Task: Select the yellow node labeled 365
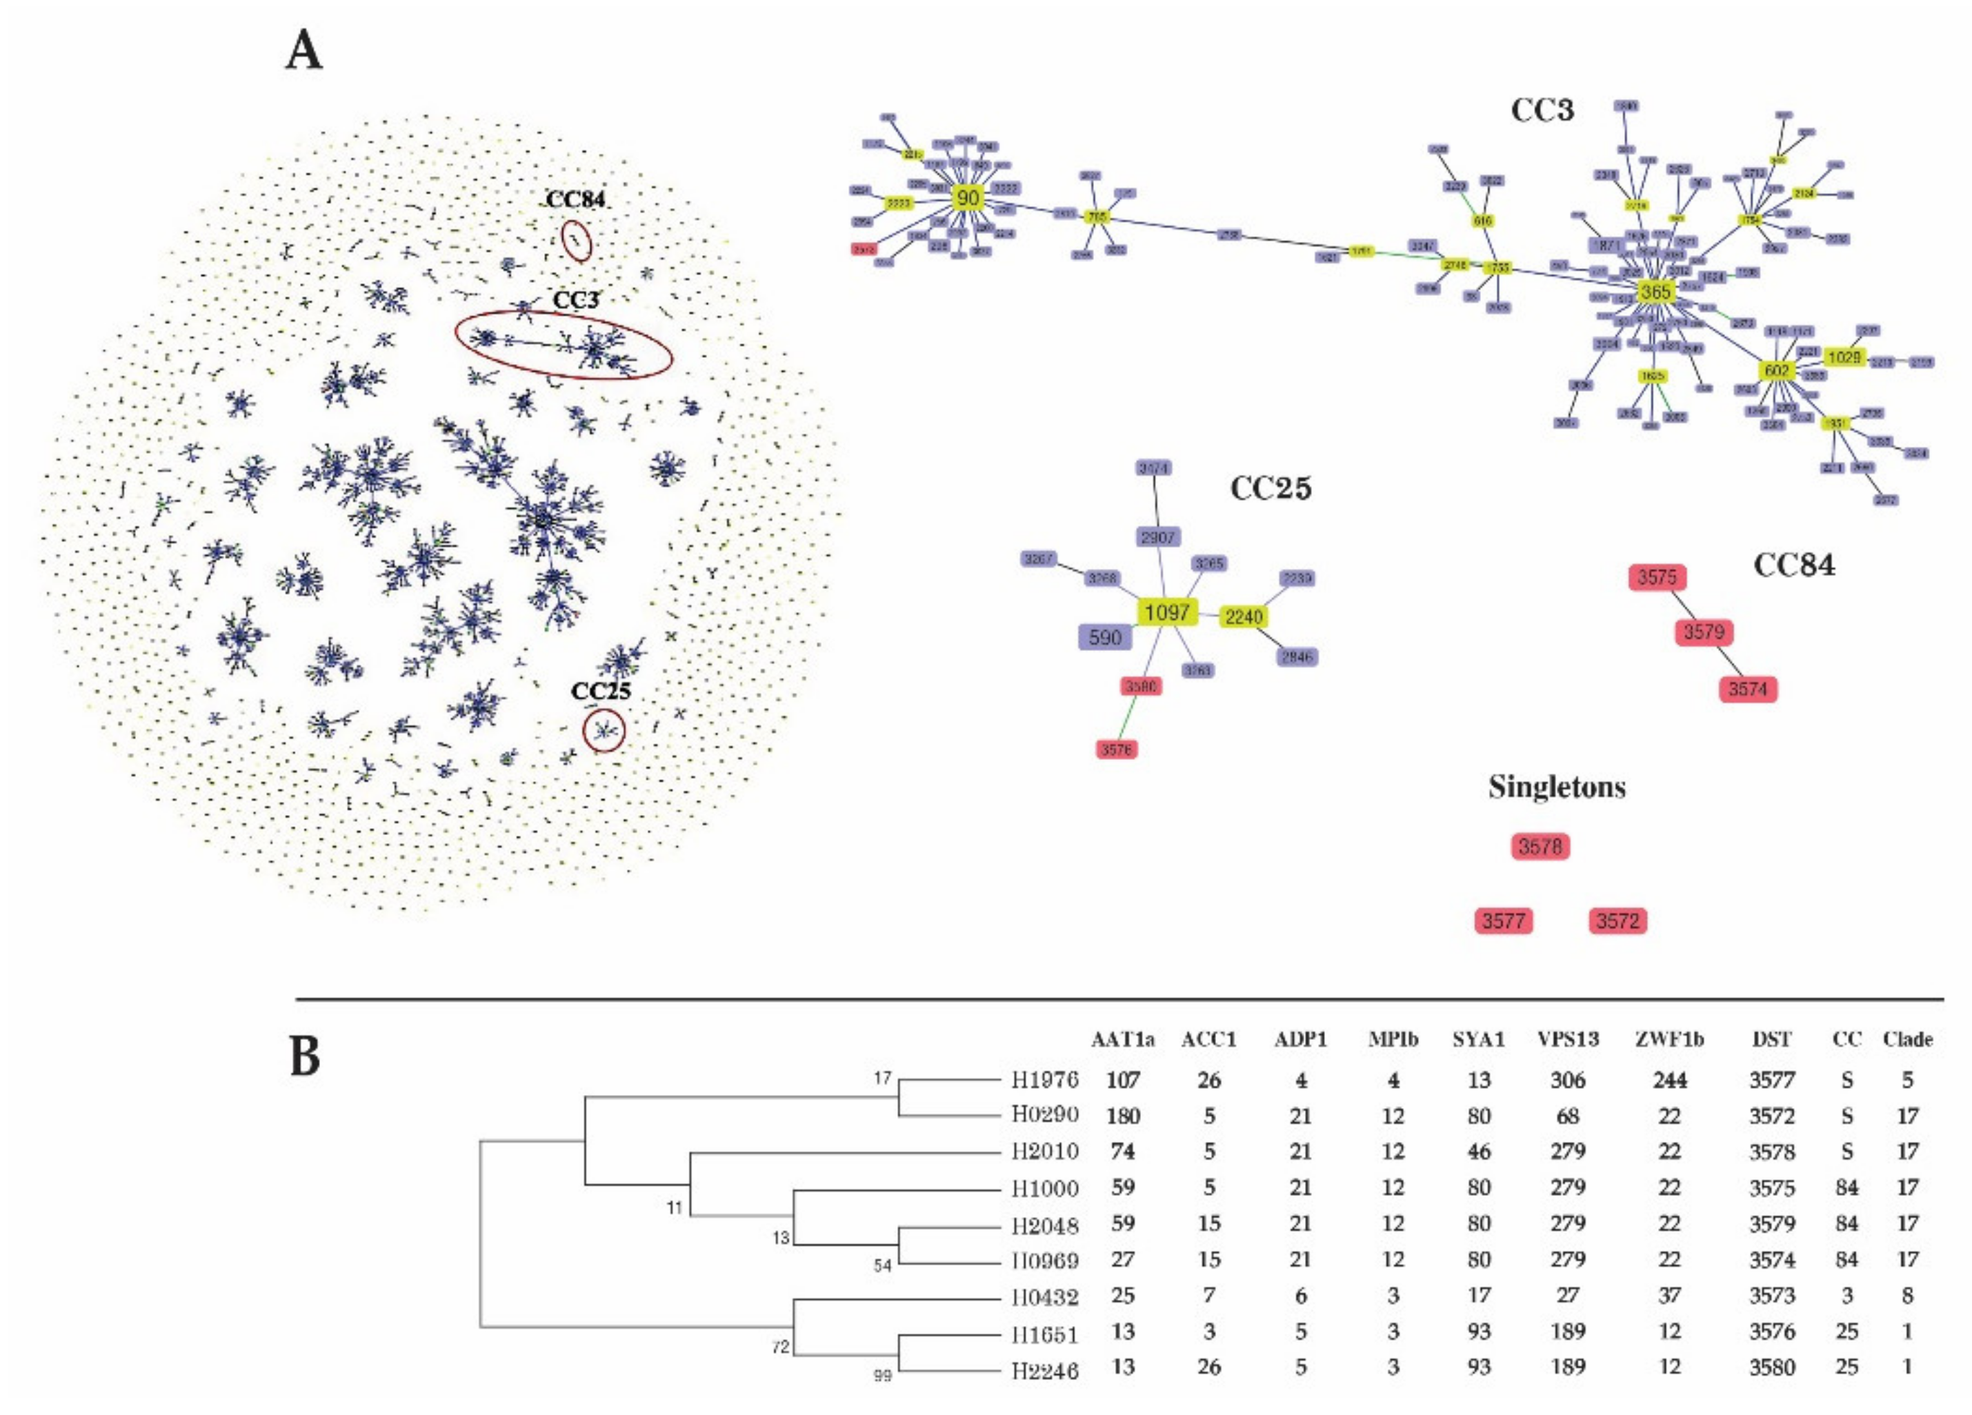pyautogui.click(x=1655, y=292)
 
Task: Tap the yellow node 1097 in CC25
pyautogui.click(x=1167, y=613)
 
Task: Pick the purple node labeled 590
pyautogui.click(x=1104, y=637)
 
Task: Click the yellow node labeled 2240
pyautogui.click(x=1244, y=617)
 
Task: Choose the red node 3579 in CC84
pyautogui.click(x=1703, y=632)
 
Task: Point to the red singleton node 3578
pyautogui.click(x=1540, y=845)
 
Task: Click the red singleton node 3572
pyautogui.click(x=1617, y=921)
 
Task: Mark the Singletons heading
pyautogui.click(x=1556, y=787)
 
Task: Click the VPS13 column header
pyautogui.click(x=1568, y=1039)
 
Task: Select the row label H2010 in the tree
pyautogui.click(x=1044, y=1152)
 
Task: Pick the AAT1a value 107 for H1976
pyautogui.click(x=1122, y=1081)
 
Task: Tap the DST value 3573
pyautogui.click(x=1772, y=1296)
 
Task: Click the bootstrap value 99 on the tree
pyautogui.click(x=882, y=1376)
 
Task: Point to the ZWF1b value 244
pyautogui.click(x=1669, y=1081)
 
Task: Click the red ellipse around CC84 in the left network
pyautogui.click(x=577, y=240)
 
